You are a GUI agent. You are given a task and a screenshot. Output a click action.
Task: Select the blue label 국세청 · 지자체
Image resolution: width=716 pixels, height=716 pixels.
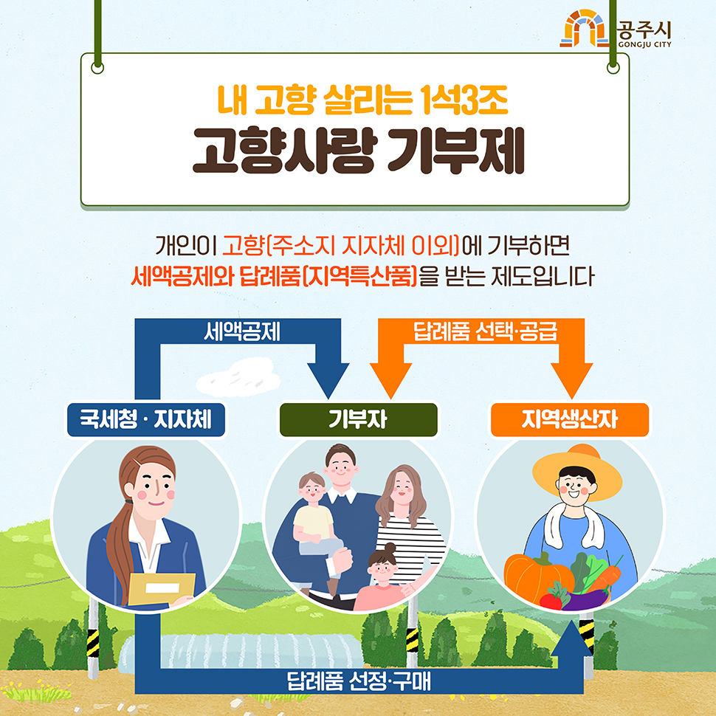(145, 420)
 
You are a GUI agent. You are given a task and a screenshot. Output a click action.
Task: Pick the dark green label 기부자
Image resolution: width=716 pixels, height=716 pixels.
(358, 420)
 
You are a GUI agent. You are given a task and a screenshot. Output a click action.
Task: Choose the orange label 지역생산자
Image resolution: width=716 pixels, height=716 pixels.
(570, 420)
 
